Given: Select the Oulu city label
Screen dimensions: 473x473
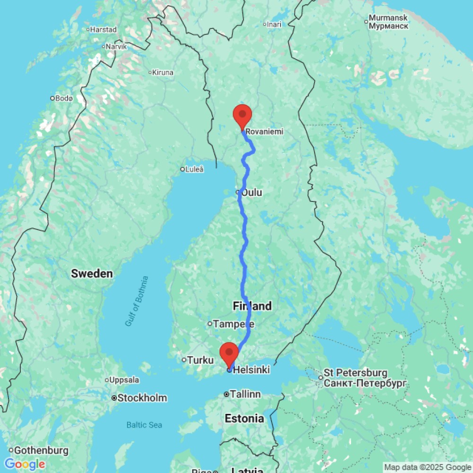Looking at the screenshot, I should pos(252,193).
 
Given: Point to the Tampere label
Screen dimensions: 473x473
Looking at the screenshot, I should pos(234,324).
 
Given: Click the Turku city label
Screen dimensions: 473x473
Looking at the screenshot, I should pos(201,360).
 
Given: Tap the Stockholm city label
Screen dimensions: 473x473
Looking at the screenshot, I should pos(142,398).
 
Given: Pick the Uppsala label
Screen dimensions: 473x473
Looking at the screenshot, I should pos(124,380).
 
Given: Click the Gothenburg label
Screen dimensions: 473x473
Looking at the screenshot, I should pos(42,450).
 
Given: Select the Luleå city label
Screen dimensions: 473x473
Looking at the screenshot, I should pos(195,169).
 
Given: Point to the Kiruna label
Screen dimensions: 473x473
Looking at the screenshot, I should pos(163,72).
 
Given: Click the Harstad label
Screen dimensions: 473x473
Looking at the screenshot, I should pos(103,29).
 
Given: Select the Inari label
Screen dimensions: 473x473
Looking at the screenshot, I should pos(274,24).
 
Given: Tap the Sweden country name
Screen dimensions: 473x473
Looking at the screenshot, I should pos(92,273).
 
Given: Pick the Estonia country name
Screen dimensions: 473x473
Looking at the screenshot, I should pos(245,419).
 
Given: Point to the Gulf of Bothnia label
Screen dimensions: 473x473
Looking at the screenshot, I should pos(137,301).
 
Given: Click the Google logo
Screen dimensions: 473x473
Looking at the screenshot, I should pos(25,464).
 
